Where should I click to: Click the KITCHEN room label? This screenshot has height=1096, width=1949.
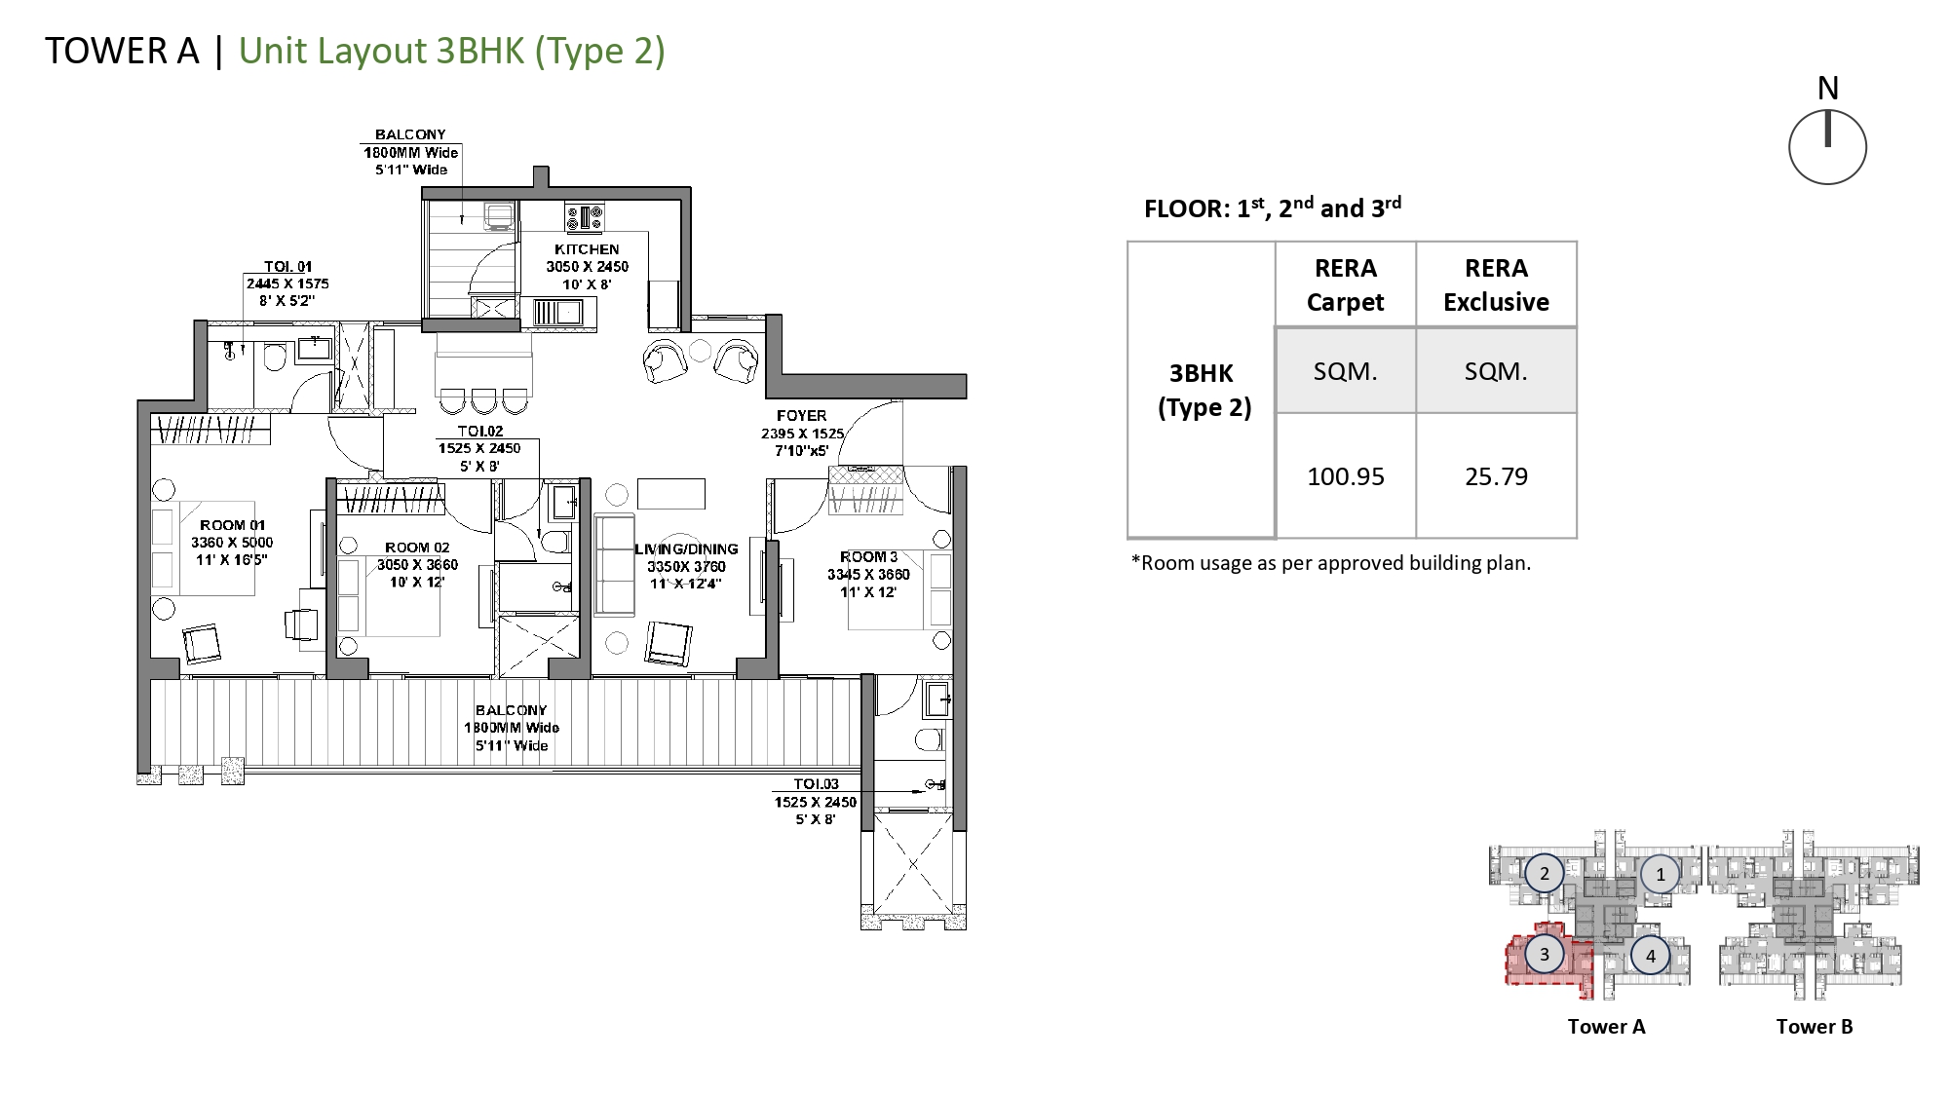coord(587,249)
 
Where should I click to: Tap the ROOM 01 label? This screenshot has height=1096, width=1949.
coord(232,525)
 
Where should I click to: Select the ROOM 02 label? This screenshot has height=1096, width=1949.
coord(417,548)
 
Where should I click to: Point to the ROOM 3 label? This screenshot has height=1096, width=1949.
coord(868,557)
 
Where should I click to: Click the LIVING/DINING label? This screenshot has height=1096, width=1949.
coord(685,549)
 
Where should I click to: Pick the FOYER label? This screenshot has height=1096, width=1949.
coord(802,416)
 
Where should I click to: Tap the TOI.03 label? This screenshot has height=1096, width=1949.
coord(816,784)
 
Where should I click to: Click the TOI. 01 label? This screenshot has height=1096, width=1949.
coord(288,267)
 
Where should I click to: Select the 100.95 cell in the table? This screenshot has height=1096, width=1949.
coord(1346,476)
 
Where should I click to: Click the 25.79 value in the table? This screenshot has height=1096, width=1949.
coord(1496,476)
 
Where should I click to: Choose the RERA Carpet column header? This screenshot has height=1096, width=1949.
coord(1346,284)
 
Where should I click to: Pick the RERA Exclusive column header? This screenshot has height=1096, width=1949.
coord(1496,284)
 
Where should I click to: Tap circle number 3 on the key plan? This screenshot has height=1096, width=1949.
coord(1544,954)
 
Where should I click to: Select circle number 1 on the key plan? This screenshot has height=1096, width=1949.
coord(1661,874)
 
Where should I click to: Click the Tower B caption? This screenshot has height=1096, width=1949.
coord(1815,1026)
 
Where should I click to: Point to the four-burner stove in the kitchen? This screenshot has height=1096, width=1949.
coord(584,216)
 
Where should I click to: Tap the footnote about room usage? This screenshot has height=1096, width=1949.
coord(1331,563)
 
